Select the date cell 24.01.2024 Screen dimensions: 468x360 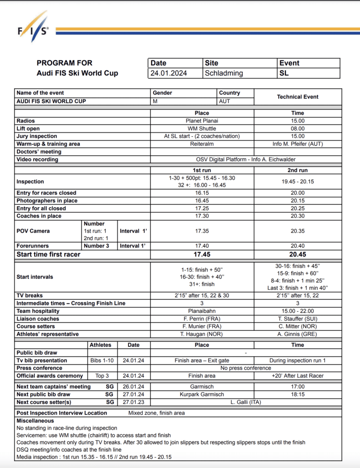click(x=169, y=73)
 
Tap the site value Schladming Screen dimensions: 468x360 click(x=224, y=73)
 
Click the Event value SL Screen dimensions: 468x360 click(x=284, y=73)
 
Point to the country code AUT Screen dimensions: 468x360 click(x=225, y=101)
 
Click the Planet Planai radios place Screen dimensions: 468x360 click(x=202, y=121)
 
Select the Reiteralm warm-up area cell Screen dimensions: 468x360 click(x=202, y=144)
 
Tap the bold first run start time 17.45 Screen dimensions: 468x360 click(x=202, y=255)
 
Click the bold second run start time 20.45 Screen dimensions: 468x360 click(x=298, y=255)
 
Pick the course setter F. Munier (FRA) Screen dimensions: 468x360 click(x=202, y=326)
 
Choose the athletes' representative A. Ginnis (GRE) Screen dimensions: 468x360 click(x=298, y=334)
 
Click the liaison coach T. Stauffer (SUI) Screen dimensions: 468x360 click(x=298, y=319)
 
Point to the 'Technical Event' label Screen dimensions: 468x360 click(x=298, y=97)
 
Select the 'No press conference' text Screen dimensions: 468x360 click(x=246, y=368)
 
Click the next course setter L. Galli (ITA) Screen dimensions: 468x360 click(x=246, y=402)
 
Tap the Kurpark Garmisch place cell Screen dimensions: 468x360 click(x=202, y=394)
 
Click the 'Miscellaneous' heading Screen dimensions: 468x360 click(x=35, y=421)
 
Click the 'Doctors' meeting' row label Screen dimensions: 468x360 click(x=39, y=152)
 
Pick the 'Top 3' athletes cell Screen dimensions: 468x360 click(x=102, y=376)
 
